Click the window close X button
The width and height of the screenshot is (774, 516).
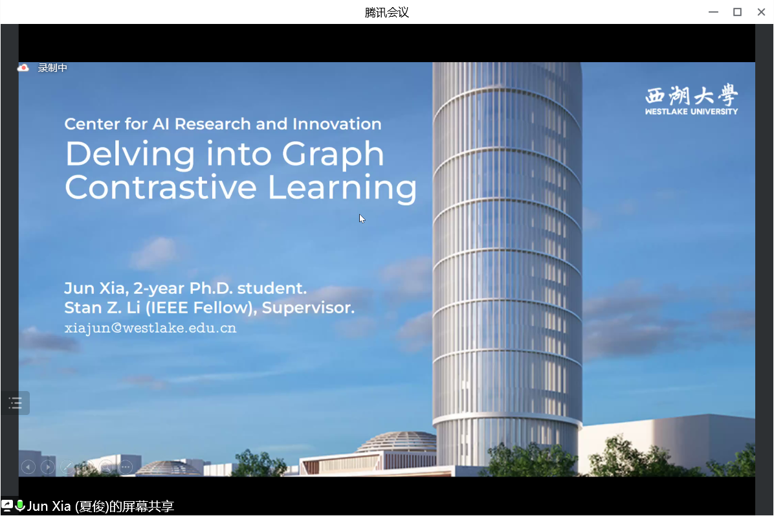pos(760,12)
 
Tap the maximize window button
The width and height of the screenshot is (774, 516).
pos(737,12)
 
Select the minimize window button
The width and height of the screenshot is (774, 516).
pos(713,12)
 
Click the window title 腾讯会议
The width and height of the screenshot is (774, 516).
pos(387,12)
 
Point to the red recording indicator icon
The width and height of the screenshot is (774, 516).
pos(23,67)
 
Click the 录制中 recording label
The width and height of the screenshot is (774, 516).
pos(52,67)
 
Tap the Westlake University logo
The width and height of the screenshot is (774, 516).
pos(691,100)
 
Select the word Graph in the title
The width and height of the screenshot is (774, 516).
pos(333,155)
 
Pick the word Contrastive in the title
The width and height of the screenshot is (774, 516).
pos(160,187)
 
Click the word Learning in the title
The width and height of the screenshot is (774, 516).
pos(342,188)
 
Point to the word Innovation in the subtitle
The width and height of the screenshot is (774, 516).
pos(337,124)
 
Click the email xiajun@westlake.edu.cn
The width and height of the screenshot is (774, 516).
pos(150,328)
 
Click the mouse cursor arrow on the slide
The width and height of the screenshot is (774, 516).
pos(362,218)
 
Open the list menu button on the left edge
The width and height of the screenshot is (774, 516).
pos(16,403)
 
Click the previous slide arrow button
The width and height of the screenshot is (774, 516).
pos(28,467)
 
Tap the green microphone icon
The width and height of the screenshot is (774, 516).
pos(20,505)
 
